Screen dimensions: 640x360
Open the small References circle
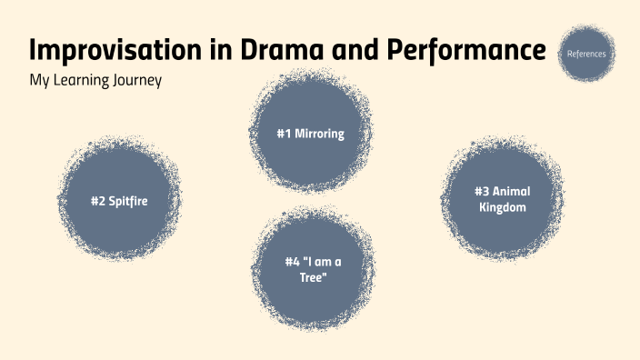pos(586,54)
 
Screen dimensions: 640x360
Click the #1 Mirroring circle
pos(310,133)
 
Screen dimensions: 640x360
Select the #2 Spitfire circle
pos(119,201)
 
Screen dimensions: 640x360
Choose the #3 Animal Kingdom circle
pos(502,199)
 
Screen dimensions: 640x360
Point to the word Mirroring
pos(320,134)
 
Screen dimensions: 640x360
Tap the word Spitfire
pos(128,201)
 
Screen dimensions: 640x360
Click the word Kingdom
pos(502,207)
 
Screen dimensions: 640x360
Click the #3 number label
pos(481,191)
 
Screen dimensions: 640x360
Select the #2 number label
pos(97,201)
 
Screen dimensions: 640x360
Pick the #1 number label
pos(284,134)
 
